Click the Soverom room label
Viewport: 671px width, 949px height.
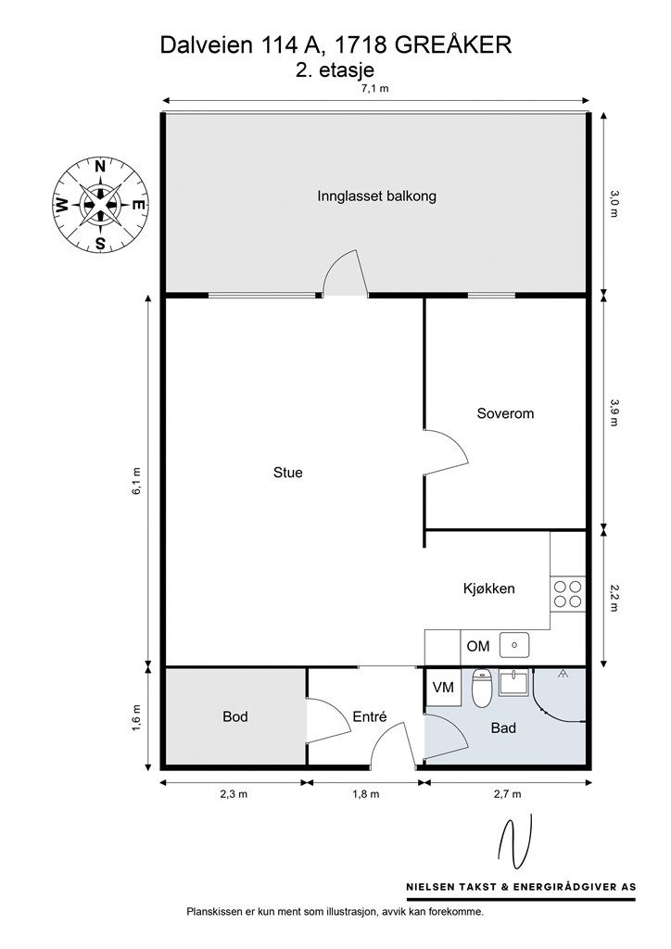tap(505, 413)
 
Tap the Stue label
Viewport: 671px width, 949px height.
tap(288, 473)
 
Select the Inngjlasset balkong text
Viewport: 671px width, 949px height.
tap(376, 196)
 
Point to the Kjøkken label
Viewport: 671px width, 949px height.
tap(488, 588)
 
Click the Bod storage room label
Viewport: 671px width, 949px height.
tap(234, 716)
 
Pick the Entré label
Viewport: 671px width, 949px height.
tap(369, 716)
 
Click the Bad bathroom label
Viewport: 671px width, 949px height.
tap(503, 728)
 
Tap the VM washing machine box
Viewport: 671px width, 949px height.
tap(444, 688)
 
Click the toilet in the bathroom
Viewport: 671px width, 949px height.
tap(482, 689)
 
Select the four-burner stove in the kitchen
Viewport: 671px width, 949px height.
tap(568, 594)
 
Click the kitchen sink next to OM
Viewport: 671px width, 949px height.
tap(514, 645)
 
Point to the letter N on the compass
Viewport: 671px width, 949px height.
tap(100, 167)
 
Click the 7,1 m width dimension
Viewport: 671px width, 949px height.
tap(375, 88)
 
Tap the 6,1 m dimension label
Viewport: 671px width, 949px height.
tap(137, 481)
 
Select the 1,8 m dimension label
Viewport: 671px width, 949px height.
tap(366, 794)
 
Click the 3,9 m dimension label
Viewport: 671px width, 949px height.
tap(614, 412)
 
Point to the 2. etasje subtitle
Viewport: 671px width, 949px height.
tap(335, 70)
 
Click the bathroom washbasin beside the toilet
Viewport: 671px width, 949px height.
tap(513, 682)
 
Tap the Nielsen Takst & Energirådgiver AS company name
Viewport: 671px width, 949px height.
tap(521, 887)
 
